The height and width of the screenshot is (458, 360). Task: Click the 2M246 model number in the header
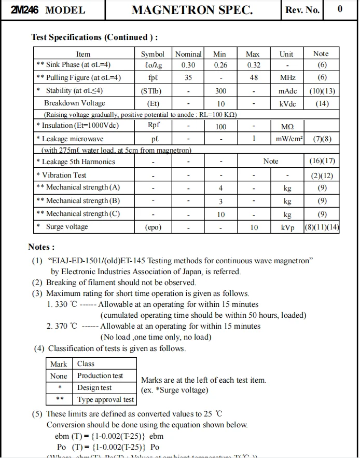(x=24, y=10)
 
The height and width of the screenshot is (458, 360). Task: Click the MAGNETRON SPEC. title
(x=192, y=10)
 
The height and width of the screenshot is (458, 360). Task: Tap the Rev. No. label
(x=302, y=10)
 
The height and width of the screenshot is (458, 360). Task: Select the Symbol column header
(x=153, y=54)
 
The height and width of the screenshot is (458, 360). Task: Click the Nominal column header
(x=188, y=54)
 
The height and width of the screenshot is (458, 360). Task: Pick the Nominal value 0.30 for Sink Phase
(x=188, y=65)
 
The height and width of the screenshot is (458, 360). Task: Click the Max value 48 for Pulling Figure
(x=254, y=77)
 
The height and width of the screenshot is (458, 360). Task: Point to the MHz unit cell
(x=287, y=77)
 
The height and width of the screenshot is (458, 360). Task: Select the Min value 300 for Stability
(x=221, y=91)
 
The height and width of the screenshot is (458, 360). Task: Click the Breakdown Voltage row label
(x=74, y=103)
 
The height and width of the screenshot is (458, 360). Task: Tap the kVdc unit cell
(x=287, y=103)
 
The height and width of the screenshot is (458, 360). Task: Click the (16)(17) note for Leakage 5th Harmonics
(x=322, y=161)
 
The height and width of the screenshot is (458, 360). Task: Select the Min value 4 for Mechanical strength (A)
(x=221, y=187)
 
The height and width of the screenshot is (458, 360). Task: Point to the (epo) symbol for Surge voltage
(x=153, y=227)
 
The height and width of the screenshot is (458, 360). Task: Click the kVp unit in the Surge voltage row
(x=287, y=227)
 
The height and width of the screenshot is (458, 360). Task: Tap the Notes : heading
(x=41, y=247)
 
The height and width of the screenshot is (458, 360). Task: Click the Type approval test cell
(x=106, y=400)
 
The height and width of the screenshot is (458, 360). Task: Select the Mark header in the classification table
(x=59, y=364)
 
